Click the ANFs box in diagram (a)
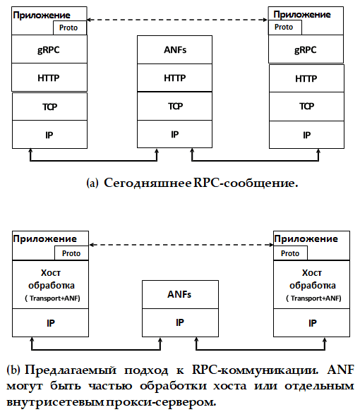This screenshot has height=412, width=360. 174,49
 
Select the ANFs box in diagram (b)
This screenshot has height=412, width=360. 180,294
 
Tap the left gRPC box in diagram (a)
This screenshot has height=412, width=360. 49,49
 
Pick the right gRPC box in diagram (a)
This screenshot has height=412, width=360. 306,49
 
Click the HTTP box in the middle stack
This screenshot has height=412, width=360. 174,78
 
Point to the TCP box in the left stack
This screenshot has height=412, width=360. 49,107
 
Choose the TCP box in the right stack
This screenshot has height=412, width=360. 306,107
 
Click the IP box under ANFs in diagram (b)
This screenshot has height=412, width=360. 180,322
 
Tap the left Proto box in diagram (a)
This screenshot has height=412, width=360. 70,28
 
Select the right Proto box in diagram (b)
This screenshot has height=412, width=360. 290,253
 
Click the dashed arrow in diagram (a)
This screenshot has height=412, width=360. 177,20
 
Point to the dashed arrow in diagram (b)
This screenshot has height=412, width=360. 181,245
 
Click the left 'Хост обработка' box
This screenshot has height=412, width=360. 51,284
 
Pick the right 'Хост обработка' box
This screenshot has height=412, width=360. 311,284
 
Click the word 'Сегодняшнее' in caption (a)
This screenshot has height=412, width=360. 148,183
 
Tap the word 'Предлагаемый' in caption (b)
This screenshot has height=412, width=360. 71,370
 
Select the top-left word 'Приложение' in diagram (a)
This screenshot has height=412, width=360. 42,16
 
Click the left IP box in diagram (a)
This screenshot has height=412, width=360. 49,135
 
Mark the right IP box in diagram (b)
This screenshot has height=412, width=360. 311,323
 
